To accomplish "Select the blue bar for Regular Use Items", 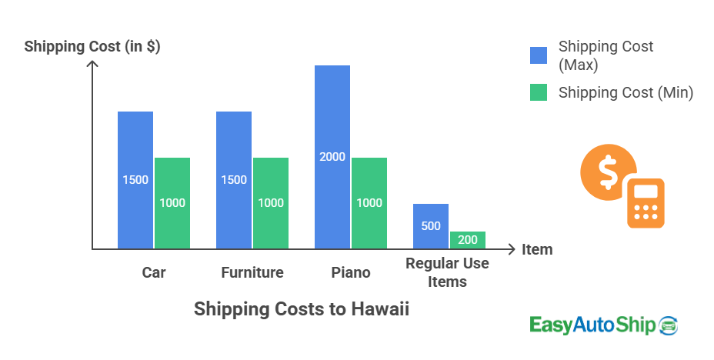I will click(x=431, y=226).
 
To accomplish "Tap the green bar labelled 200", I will click(x=468, y=240).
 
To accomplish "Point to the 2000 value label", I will click(x=332, y=157).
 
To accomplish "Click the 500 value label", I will click(x=431, y=226).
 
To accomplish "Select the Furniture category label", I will click(x=252, y=272).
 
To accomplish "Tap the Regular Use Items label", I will click(x=448, y=273).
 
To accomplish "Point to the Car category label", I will click(x=154, y=272).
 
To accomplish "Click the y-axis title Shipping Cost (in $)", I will click(x=92, y=46).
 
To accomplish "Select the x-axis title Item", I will click(x=537, y=249).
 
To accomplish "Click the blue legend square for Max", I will click(x=539, y=55).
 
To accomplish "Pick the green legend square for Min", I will click(x=539, y=92).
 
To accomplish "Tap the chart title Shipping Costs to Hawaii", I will click(x=302, y=309).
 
